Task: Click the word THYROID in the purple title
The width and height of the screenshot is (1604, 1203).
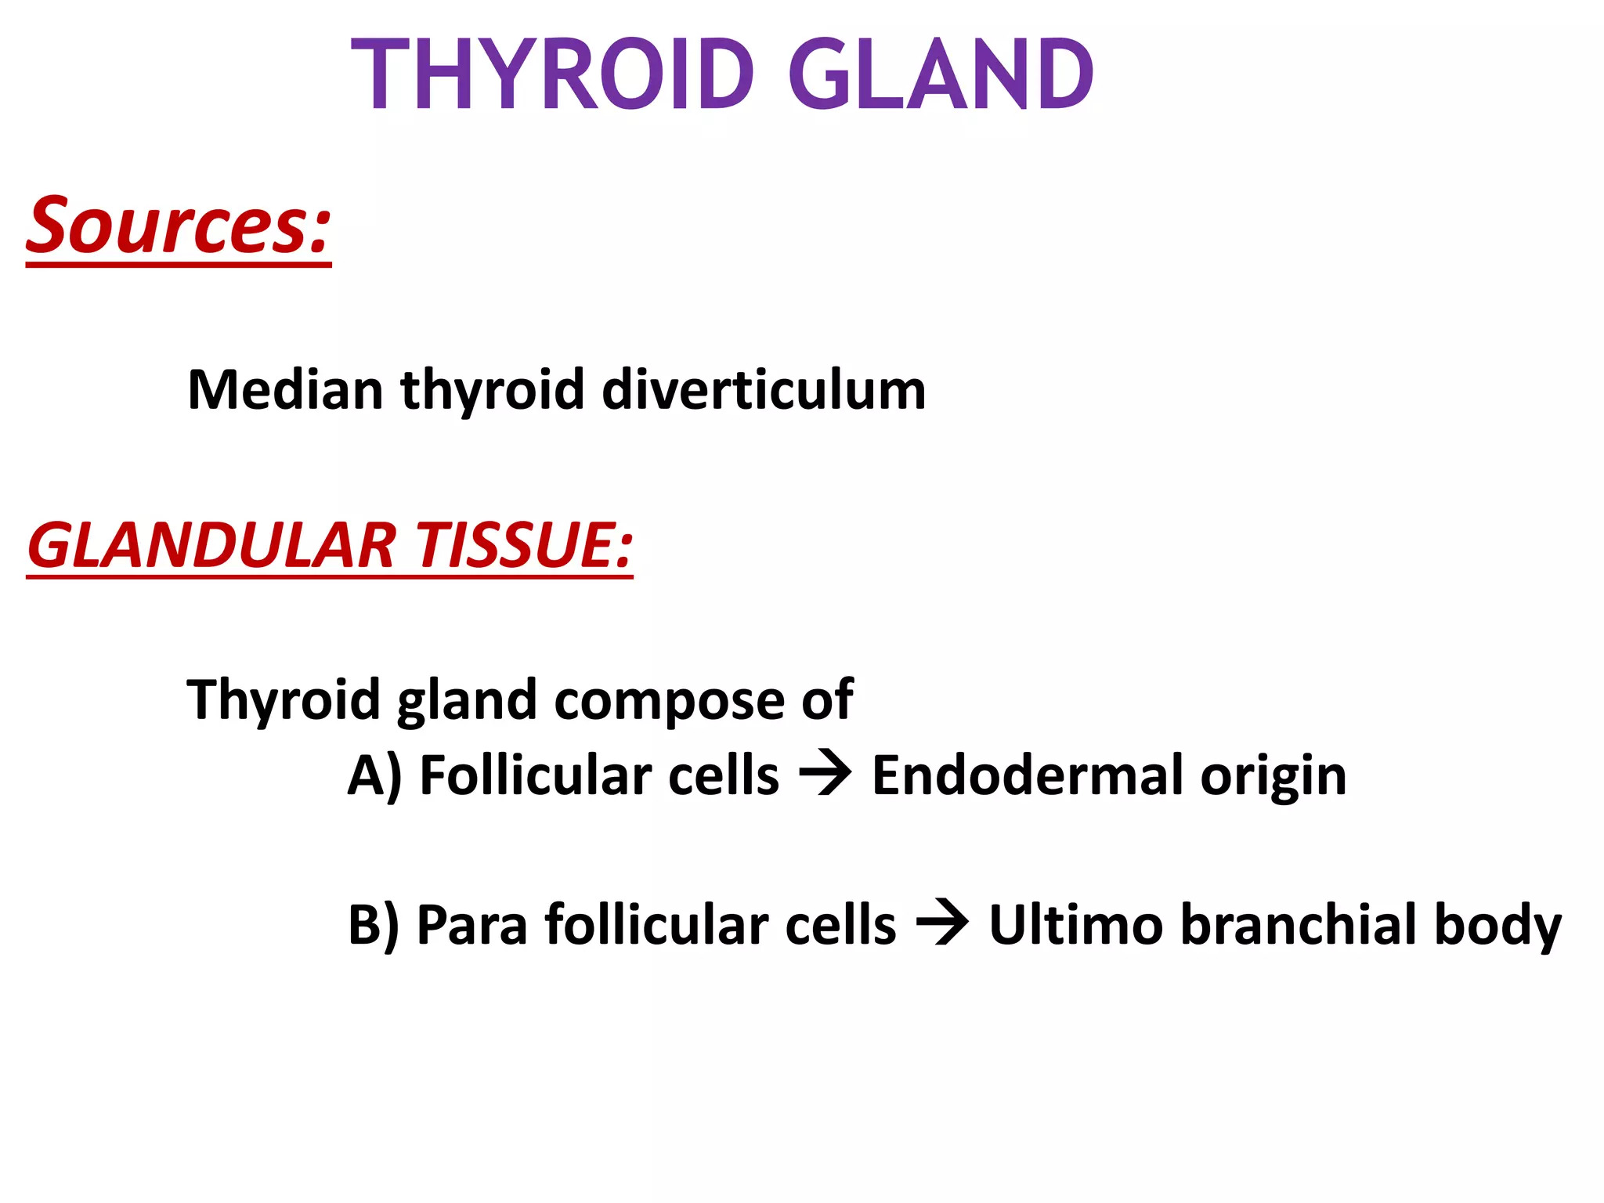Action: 553,75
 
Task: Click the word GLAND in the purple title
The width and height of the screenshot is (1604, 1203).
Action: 941,75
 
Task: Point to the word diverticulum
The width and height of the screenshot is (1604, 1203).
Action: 764,389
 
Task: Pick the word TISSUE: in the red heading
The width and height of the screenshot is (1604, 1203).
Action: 523,545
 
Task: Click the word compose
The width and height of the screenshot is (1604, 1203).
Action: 670,699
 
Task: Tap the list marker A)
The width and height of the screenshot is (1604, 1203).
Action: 374,775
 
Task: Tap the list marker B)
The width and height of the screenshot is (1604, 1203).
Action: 374,925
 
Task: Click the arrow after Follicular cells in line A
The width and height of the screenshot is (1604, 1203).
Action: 825,775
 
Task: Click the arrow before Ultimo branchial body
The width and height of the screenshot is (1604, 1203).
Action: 942,925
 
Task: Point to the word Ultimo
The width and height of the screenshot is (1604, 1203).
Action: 1076,925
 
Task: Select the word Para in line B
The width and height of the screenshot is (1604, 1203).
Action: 471,925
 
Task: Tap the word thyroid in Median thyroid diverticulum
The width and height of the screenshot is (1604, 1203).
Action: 493,391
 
